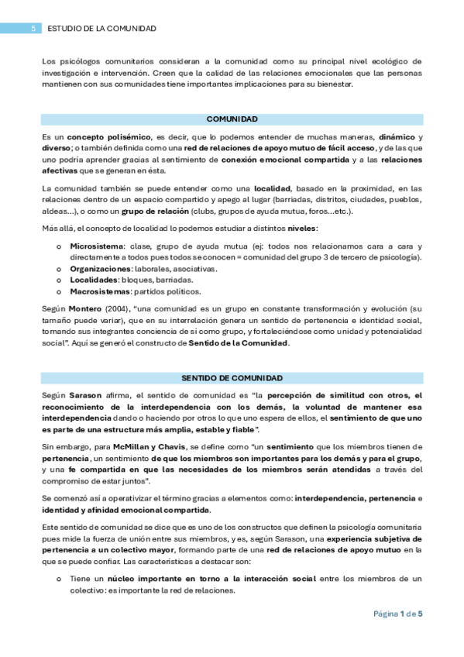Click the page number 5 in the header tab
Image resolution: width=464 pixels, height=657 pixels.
33,29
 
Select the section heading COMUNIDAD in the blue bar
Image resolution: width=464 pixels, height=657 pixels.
232,119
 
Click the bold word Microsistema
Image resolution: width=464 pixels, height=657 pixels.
97,246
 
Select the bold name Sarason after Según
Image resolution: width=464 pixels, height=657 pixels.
85,395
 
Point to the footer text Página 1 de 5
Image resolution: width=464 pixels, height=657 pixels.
398,614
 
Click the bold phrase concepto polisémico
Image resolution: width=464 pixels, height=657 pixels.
103,136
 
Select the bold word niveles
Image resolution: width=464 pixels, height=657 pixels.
301,229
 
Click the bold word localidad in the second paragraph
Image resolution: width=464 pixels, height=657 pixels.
273,188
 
